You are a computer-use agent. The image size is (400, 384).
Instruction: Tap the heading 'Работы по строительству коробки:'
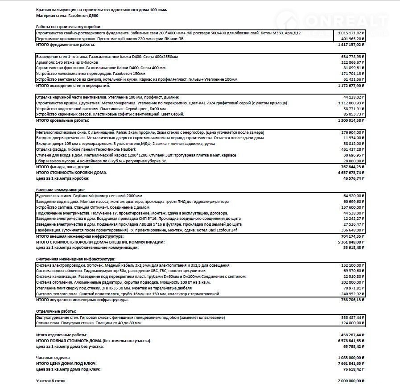pos(69,27)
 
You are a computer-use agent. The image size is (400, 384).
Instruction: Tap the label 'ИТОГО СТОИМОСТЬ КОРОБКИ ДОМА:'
pos(71,172)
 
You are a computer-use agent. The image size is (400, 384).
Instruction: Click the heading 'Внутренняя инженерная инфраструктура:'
pos(75,259)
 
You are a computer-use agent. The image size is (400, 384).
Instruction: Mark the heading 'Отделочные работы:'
pos(56,311)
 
